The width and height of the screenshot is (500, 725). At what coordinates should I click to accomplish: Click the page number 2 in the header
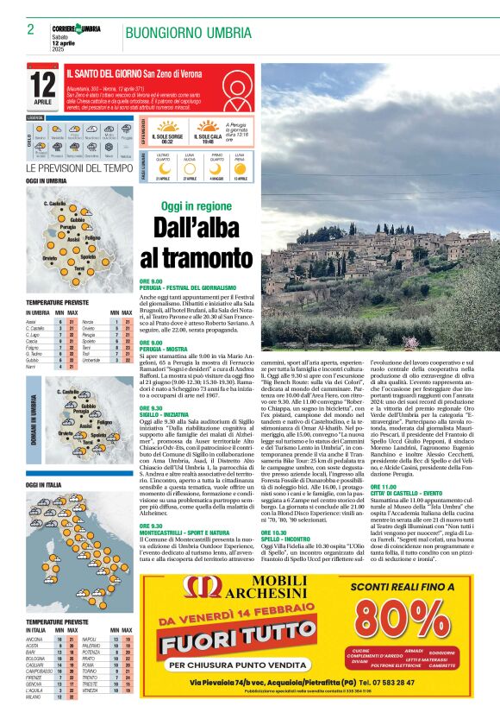(x=30, y=29)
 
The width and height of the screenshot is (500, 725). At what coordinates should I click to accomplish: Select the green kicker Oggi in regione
(x=197, y=206)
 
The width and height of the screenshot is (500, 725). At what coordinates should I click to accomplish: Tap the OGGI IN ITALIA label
(x=45, y=485)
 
